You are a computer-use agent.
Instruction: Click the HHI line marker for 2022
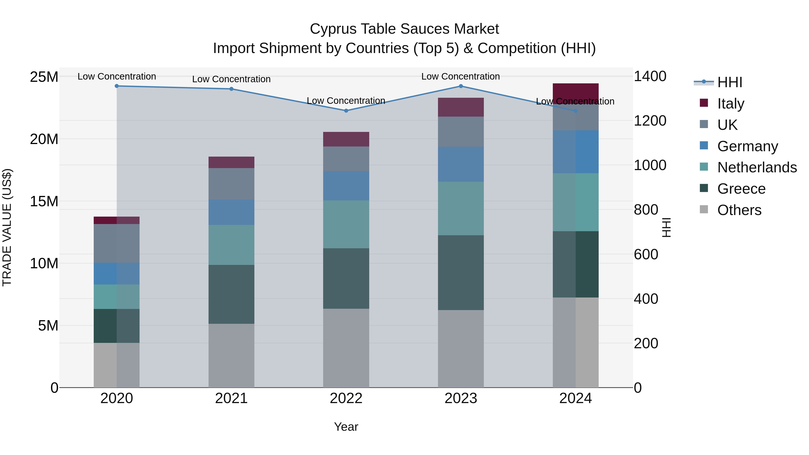click(x=346, y=111)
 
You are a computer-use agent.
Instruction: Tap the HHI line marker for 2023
click(x=461, y=86)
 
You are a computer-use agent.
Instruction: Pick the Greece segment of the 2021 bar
click(x=231, y=294)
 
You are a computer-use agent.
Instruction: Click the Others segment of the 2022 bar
click(x=346, y=348)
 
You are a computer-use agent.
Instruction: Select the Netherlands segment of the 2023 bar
click(x=461, y=209)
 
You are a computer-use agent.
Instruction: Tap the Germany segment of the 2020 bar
click(x=116, y=273)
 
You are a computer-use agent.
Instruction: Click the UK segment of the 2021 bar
click(x=231, y=184)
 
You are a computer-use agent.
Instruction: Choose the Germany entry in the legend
click(x=747, y=146)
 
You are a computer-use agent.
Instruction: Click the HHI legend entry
click(x=729, y=82)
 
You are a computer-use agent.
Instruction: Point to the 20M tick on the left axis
click(x=44, y=139)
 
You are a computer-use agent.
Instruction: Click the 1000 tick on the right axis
click(x=650, y=165)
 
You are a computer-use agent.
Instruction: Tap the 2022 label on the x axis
click(x=346, y=398)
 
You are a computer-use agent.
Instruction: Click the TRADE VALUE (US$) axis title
click(x=7, y=227)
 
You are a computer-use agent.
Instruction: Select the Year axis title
click(x=346, y=427)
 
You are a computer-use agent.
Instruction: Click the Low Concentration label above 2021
click(x=231, y=79)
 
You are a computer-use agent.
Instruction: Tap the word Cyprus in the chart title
click(x=333, y=29)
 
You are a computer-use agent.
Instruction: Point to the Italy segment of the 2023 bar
click(x=461, y=107)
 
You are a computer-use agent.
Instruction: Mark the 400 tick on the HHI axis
click(x=646, y=299)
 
